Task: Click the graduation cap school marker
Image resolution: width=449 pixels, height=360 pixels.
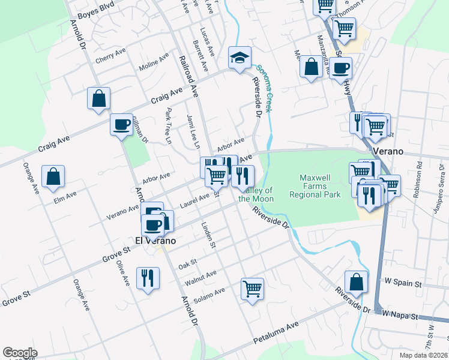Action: pyautogui.click(x=239, y=58)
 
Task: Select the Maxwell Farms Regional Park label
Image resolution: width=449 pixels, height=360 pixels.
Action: pyautogui.click(x=315, y=186)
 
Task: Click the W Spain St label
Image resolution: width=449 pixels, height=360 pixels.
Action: pyautogui.click(x=403, y=281)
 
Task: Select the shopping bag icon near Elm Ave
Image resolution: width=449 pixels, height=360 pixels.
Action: pyautogui.click(x=53, y=176)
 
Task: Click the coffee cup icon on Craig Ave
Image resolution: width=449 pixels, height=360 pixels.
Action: pyautogui.click(x=121, y=124)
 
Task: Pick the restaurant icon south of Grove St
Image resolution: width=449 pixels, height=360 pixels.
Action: pyautogui.click(x=148, y=277)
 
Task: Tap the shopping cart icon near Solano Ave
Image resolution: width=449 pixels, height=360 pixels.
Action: pyautogui.click(x=252, y=289)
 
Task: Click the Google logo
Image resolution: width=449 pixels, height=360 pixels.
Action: pyautogui.click(x=20, y=353)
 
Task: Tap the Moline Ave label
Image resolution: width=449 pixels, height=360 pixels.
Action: pyautogui.click(x=154, y=62)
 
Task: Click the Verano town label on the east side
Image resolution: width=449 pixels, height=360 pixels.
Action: pyautogui.click(x=388, y=151)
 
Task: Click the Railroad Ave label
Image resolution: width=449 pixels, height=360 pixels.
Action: pyautogui.click(x=188, y=76)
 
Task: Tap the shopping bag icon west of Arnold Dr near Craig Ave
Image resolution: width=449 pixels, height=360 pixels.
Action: pyautogui.click(x=98, y=98)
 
